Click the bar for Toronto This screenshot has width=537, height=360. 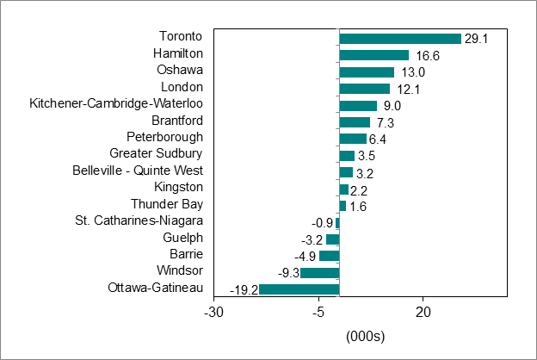click(400, 39)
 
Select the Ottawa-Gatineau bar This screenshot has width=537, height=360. click(299, 289)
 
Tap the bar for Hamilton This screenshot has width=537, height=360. click(373, 55)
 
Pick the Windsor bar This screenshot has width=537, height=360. click(319, 272)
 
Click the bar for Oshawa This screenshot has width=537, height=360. click(367, 72)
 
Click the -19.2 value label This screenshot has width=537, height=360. click(243, 289)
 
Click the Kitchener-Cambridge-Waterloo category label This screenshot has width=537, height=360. click(116, 103)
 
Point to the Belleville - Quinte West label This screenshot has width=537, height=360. click(138, 171)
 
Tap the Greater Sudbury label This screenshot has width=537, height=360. click(156, 153)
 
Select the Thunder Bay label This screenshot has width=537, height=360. click(167, 204)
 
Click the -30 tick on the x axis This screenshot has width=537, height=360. click(214, 312)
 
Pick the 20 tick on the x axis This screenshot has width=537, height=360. click(423, 312)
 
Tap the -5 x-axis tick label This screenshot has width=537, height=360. click(318, 312)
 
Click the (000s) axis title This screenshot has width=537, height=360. click(364, 335)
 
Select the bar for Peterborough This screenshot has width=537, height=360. click(353, 139)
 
